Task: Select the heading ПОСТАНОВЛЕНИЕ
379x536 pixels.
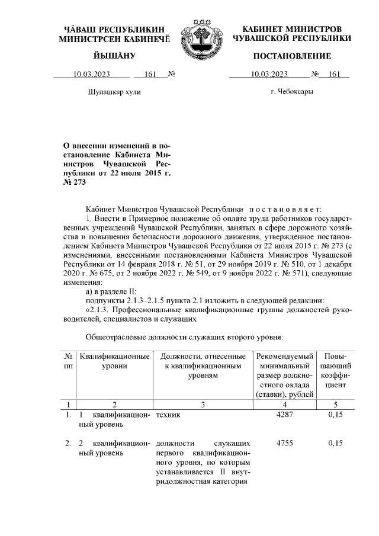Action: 292,56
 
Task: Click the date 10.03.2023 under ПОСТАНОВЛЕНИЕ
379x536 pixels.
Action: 269,75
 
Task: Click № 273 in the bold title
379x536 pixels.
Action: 75,182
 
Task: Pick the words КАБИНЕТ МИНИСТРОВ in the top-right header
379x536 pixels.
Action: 292,30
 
